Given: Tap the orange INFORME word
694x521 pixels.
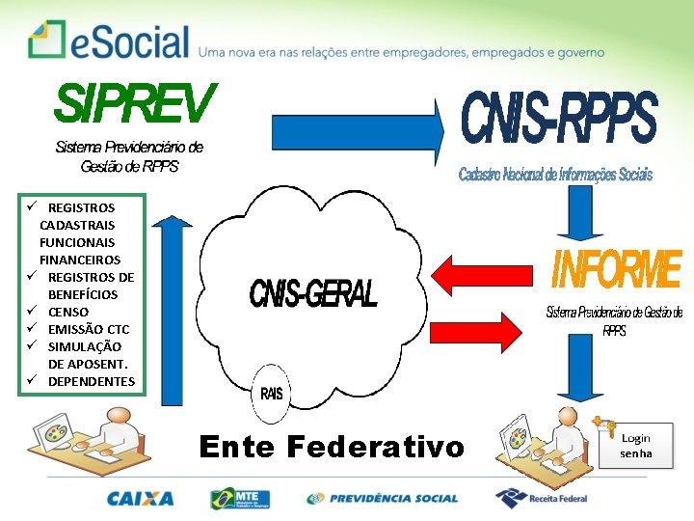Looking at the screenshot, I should coord(616,271).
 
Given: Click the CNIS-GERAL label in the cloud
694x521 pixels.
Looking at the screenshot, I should coord(313,293).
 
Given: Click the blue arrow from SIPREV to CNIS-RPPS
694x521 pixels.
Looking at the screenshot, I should coord(356,129).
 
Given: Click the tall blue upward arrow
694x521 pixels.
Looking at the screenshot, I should coord(171,309).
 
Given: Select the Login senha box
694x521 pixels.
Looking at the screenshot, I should coord(636,446).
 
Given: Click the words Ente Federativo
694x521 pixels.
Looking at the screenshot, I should coord(331,447).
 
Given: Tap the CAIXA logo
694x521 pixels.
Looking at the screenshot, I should coord(141,499).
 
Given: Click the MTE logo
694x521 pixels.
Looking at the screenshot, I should coord(240,499).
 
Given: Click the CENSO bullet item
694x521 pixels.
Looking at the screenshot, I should coord(67,312).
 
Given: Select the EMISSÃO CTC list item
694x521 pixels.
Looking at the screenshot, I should coord(88,329).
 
